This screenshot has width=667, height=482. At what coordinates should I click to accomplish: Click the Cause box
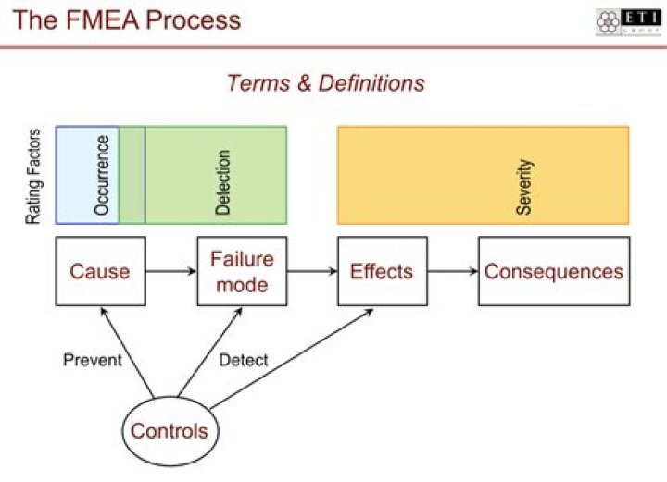click(x=100, y=271)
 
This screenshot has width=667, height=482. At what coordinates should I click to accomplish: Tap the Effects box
click(x=382, y=271)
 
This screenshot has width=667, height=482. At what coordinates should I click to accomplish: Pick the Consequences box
click(x=554, y=271)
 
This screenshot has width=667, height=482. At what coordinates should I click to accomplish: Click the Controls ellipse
click(x=169, y=431)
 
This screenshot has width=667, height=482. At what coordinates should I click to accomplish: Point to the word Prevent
click(x=92, y=360)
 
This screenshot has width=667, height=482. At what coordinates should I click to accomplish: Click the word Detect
click(x=243, y=360)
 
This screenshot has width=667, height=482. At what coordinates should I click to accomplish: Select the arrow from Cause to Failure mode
click(x=170, y=271)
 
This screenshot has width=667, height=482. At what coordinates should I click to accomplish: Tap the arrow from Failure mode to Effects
click(x=311, y=271)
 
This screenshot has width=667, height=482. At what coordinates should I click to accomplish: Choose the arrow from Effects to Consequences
click(x=452, y=271)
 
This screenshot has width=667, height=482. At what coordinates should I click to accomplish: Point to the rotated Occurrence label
click(x=102, y=176)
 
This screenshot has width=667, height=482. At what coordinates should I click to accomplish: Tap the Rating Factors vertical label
click(x=33, y=177)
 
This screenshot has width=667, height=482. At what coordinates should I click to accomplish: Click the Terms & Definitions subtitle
click(x=325, y=82)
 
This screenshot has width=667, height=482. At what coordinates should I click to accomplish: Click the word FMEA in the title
click(x=103, y=19)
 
